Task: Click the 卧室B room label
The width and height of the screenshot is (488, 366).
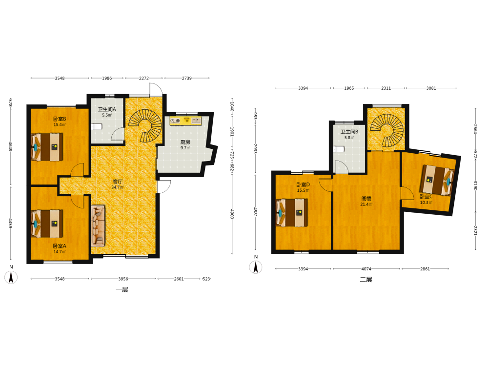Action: point(60,119)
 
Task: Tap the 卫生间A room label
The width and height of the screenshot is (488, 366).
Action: point(107,109)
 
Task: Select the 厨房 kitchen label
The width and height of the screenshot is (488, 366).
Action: point(185,142)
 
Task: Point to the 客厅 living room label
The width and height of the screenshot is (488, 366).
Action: point(117,182)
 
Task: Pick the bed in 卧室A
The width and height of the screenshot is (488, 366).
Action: point(47,224)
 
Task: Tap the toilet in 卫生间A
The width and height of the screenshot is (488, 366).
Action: point(97,127)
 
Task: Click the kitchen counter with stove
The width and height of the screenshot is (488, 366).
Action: point(185,121)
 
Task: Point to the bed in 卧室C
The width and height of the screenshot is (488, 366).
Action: point(437,180)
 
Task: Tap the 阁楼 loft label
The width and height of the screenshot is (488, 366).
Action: point(366,199)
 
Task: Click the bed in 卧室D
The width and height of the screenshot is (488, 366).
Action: point(292,213)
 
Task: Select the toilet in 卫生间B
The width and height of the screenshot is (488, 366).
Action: point(339,149)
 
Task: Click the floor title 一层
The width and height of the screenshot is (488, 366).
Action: point(122,290)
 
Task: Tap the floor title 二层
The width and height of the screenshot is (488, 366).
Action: point(366,280)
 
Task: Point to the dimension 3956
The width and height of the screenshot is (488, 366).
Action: point(123,279)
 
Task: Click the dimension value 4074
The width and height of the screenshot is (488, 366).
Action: point(366,269)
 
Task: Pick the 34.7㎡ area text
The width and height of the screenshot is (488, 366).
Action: point(117,187)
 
